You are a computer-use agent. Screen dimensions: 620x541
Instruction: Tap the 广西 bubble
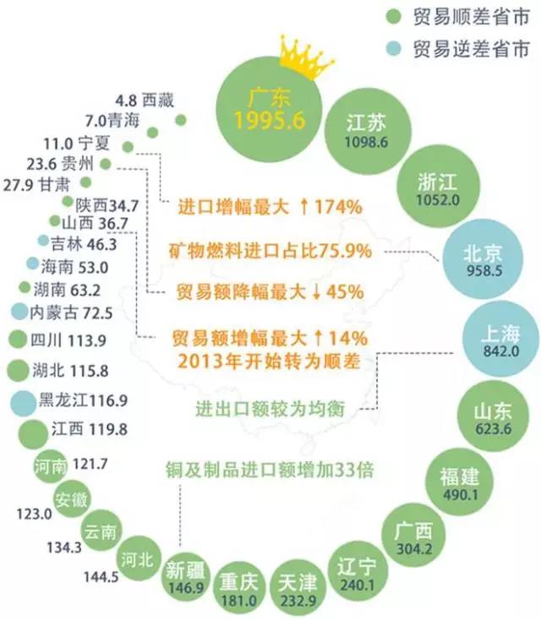[x=413, y=536]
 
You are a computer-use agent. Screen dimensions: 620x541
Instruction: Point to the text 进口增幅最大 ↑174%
[x=270, y=206]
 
